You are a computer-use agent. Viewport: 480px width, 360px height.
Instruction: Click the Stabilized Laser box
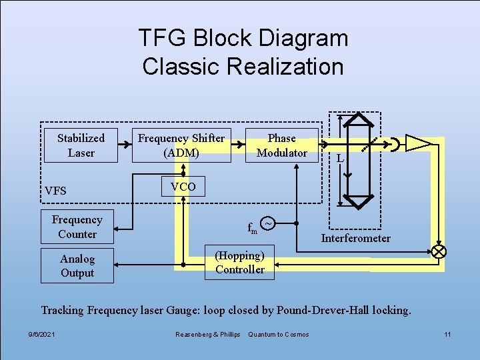(81, 145)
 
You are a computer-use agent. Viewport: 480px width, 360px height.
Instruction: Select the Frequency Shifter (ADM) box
(181, 145)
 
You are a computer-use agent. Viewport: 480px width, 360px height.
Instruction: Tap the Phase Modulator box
(281, 145)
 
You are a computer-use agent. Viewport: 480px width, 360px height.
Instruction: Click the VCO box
(183, 187)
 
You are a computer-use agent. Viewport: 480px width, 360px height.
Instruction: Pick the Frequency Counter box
(77, 227)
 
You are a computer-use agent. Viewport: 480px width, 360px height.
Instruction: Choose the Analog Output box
(77, 266)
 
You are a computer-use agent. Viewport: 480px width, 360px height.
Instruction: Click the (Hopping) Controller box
(239, 263)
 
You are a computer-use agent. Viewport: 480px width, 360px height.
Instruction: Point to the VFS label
(55, 191)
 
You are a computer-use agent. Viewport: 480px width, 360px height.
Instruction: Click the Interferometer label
(356, 238)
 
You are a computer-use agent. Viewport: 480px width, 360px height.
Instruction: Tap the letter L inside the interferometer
(340, 159)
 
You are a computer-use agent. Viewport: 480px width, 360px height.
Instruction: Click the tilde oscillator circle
(267, 223)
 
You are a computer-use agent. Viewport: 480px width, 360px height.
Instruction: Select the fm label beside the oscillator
(253, 228)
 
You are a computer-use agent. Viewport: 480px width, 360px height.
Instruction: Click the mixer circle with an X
(439, 251)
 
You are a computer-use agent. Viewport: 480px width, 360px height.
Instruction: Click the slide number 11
(448, 334)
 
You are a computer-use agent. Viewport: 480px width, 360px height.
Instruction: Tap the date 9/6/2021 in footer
(42, 334)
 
